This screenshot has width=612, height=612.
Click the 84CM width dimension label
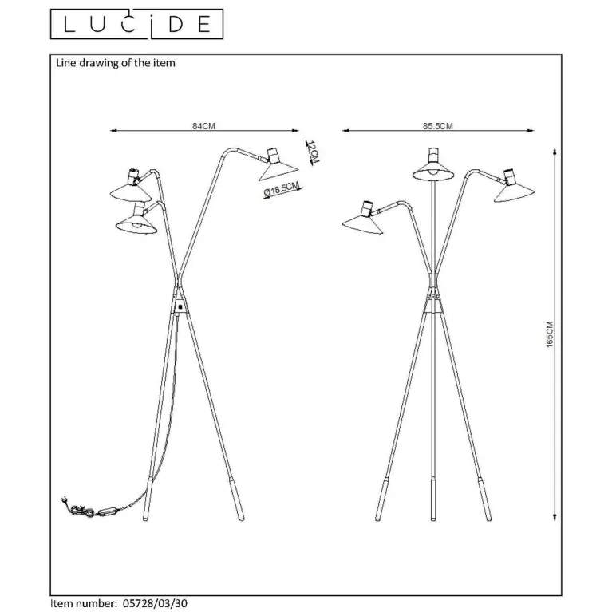point(203,126)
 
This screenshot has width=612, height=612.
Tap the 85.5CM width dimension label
point(438,126)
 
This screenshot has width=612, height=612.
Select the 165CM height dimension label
point(550,334)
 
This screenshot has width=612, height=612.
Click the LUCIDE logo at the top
point(137,24)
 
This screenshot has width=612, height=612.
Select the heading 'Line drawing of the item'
point(116,63)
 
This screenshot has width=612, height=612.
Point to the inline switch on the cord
point(107,511)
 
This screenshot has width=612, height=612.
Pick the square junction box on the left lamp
point(180,306)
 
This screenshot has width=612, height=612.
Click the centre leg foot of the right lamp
point(432,500)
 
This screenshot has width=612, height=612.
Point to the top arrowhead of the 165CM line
point(555,151)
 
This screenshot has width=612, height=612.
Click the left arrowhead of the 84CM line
point(113,131)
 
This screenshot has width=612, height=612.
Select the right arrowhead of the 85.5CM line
point(531,131)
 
